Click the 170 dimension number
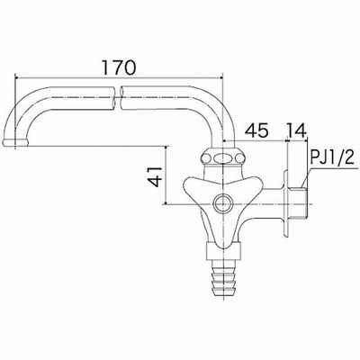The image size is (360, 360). pyautogui.click(x=119, y=67)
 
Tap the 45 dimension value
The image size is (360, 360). pyautogui.click(x=256, y=130)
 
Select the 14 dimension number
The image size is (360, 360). pyautogui.click(x=296, y=130)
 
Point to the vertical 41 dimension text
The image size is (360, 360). pyautogui.click(x=156, y=177)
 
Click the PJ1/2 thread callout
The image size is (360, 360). pyautogui.click(x=332, y=157)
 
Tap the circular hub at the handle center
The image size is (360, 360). pyautogui.click(x=223, y=203)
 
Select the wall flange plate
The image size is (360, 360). pyautogui.click(x=285, y=204)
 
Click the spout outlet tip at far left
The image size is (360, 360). pyautogui.click(x=15, y=142)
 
